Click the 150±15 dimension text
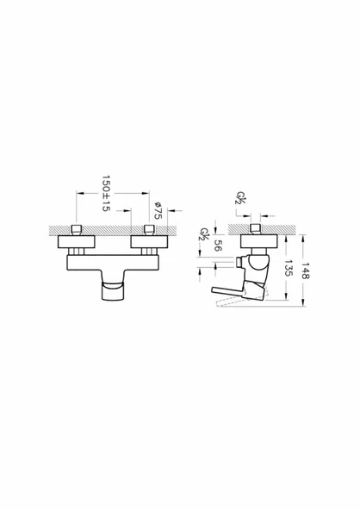coord(106,194)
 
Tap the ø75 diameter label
coord(158,210)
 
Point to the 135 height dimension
coord(289,268)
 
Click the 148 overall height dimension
coord(306,271)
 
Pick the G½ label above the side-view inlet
coord(241,197)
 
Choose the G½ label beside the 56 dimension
coord(204,234)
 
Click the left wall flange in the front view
coord(77,242)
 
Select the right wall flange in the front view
coord(149,242)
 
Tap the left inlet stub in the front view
coord(77,230)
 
